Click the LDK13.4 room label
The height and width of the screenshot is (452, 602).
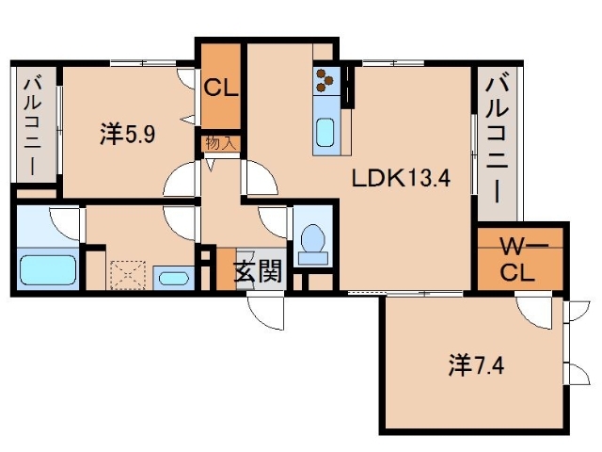[x=396, y=178]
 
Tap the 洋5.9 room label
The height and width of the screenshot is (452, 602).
[x=127, y=136]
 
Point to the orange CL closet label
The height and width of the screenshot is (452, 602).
[x=221, y=89]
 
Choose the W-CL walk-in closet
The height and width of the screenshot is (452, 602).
[x=520, y=261]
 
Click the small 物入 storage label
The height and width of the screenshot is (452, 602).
[x=221, y=144]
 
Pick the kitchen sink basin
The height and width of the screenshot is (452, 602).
[x=326, y=132]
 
